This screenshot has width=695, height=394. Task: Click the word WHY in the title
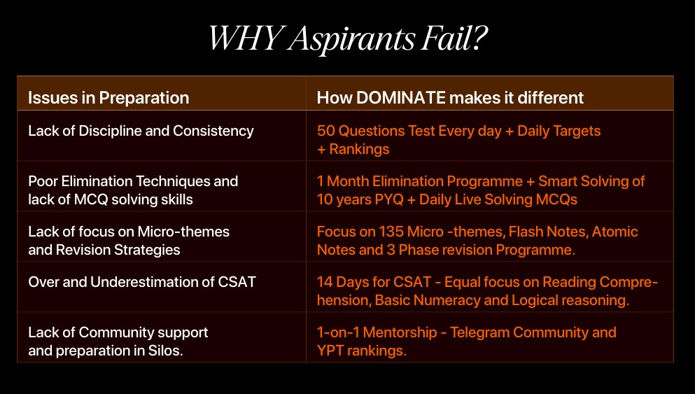(x=246, y=38)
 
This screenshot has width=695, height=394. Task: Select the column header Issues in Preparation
(x=108, y=97)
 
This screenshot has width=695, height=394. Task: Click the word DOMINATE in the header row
(x=400, y=97)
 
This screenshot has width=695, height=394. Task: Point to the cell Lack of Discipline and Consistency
(x=141, y=131)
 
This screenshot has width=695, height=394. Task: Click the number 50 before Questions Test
(x=325, y=131)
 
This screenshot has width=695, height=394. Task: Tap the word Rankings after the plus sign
(x=359, y=149)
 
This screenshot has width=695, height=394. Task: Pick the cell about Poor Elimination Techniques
(x=133, y=190)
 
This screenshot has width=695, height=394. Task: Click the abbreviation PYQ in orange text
(x=388, y=199)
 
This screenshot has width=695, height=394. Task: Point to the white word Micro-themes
(x=183, y=232)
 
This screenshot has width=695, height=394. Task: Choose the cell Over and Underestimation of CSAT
(x=142, y=282)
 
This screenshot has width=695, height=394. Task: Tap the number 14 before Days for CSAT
(x=325, y=282)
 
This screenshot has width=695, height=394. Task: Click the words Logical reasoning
(x=570, y=300)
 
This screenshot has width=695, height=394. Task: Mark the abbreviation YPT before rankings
(x=330, y=351)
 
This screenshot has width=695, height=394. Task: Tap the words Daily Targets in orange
(x=559, y=131)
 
